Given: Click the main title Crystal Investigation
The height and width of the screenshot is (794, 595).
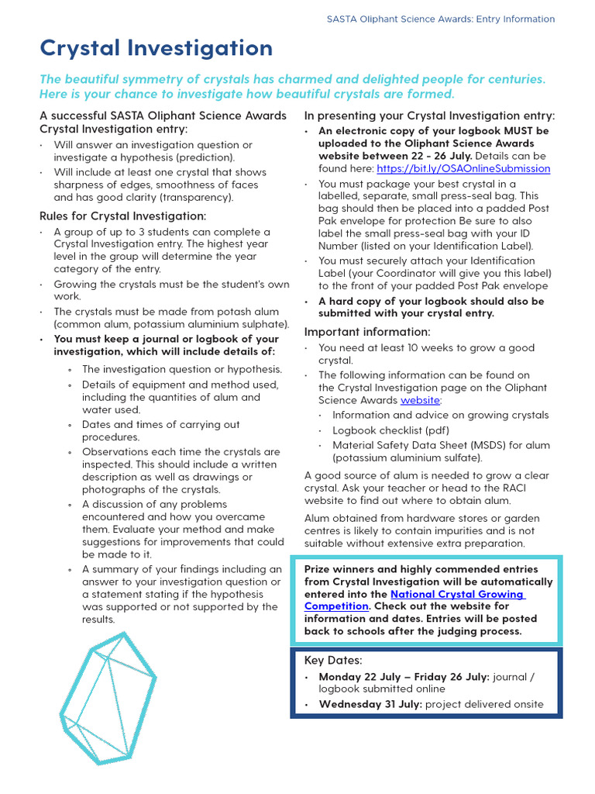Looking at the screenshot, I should click(156, 48).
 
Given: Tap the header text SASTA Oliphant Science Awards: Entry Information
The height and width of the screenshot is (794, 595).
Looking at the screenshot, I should click(441, 19).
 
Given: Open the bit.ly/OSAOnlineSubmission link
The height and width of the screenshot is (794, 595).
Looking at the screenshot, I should click(463, 168).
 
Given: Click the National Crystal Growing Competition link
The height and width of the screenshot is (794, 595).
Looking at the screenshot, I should click(414, 600).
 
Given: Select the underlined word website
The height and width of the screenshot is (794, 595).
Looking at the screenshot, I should click(420, 400).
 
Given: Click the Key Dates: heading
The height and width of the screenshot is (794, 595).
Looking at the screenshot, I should click(333, 661).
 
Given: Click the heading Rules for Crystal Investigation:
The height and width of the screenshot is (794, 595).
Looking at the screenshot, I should click(122, 216).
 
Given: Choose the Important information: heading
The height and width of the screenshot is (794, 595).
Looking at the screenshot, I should click(367, 332).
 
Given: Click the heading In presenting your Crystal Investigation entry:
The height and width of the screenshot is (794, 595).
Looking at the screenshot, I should click(429, 116).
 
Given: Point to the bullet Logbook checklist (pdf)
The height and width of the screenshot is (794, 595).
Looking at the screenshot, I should click(390, 430).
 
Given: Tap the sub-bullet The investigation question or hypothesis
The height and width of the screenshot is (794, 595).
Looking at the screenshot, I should click(182, 370).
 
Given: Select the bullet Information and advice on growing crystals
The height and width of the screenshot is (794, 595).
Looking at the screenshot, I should click(440, 415).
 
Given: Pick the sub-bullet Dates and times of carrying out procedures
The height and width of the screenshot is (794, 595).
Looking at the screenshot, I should click(161, 430).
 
